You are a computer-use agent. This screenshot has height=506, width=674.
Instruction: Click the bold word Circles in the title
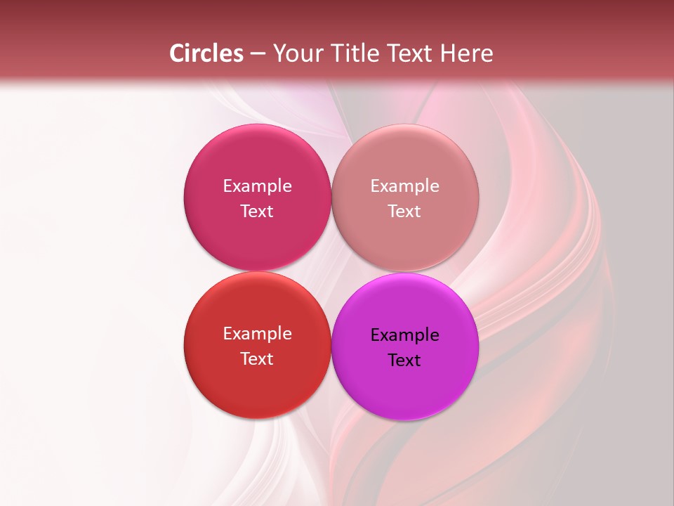pyautogui.click(x=206, y=53)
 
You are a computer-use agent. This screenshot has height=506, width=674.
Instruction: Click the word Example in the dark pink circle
pyautogui.click(x=257, y=186)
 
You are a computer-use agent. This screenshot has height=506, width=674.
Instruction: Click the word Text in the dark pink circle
pyautogui.click(x=257, y=212)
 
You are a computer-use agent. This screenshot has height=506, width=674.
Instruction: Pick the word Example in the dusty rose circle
pyautogui.click(x=405, y=186)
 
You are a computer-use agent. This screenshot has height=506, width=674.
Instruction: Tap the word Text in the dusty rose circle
pyautogui.click(x=405, y=212)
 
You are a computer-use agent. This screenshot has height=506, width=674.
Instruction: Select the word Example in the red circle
pyautogui.click(x=257, y=334)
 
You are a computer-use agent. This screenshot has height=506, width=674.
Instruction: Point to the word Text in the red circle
pyautogui.click(x=257, y=359)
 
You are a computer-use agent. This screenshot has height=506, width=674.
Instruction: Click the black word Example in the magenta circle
pyautogui.click(x=405, y=335)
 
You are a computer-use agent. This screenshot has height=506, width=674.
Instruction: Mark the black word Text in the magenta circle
pyautogui.click(x=405, y=361)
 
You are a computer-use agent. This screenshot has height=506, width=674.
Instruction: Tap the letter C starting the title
pyautogui.click(x=176, y=53)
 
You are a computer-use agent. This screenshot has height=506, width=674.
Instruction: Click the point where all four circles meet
pyautogui.click(x=331, y=271)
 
